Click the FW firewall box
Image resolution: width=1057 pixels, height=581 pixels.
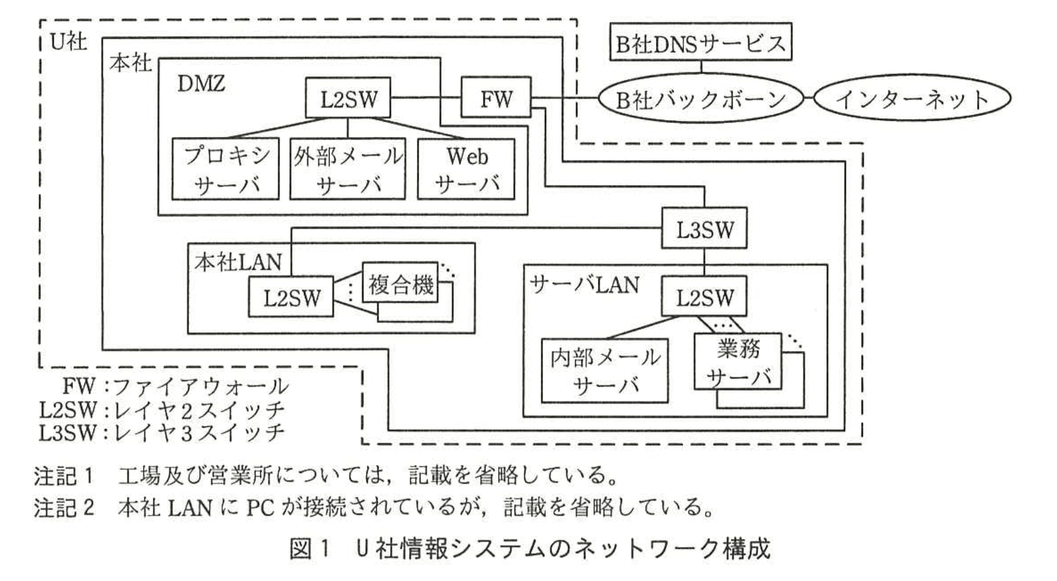point(496,97)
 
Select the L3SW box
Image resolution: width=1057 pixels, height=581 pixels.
point(704,229)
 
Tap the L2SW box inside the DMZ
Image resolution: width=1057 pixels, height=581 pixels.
point(348,98)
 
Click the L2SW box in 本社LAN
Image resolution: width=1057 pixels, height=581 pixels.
point(291,297)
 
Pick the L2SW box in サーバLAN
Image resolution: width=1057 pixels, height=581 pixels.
point(704,297)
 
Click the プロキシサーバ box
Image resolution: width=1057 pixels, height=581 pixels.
point(225,169)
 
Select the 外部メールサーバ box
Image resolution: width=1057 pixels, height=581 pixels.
point(347,169)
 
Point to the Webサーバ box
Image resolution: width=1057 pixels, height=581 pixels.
point(466,169)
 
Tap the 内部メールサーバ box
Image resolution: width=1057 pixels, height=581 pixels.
point(604,371)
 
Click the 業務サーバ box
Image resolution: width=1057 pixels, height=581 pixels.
point(737,361)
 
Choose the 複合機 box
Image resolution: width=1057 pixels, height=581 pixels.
point(400,283)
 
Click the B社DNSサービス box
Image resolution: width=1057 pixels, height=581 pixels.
point(700,42)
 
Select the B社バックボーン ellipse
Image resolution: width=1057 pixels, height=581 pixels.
point(700,98)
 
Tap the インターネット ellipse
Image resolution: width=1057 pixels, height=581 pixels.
point(911,98)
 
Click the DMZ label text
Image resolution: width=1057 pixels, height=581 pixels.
point(201,83)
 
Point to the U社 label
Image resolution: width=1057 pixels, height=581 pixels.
point(68,41)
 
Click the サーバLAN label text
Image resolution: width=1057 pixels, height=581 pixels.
point(584,284)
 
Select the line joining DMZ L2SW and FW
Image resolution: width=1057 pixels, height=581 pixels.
point(425,98)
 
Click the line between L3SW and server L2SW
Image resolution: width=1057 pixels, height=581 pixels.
point(704,263)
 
